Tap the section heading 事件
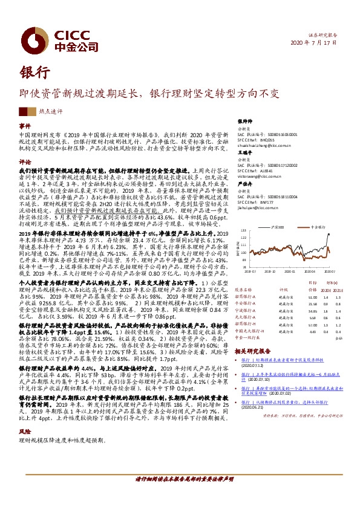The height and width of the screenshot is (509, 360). tap(25, 125)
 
